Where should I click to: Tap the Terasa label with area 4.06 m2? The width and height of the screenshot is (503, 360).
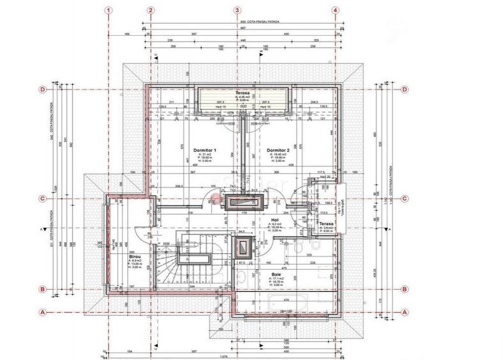[242, 93]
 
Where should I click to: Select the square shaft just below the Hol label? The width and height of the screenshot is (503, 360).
[243, 247]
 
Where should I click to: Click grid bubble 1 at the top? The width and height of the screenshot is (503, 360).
[110, 10]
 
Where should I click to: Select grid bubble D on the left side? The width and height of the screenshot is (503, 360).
[42, 90]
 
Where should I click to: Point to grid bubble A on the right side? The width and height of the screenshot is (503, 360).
[404, 312]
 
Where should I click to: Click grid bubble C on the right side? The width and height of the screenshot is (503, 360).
[404, 199]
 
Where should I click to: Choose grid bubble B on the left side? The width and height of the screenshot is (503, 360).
[42, 290]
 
